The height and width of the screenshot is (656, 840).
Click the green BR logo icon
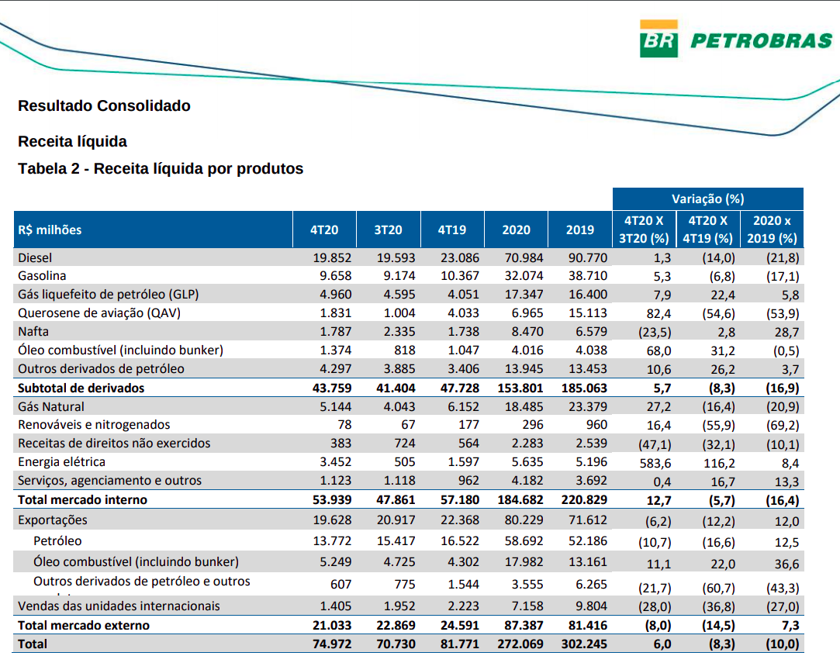659,40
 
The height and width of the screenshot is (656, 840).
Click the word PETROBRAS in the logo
761,41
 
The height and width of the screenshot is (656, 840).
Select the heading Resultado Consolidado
104,106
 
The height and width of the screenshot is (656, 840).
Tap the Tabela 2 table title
161,169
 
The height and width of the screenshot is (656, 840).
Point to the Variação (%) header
707,199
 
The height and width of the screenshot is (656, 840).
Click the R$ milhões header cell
50,230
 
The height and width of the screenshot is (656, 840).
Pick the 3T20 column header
388,230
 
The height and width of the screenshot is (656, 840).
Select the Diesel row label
35,257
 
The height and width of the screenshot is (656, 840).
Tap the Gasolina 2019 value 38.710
587,276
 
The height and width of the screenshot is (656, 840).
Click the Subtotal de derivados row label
81,388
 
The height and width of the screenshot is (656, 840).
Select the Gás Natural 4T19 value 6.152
463,406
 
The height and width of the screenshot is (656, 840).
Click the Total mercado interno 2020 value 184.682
520,500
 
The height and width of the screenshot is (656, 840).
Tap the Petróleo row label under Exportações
57,541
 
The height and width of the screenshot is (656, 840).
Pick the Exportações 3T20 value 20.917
396,520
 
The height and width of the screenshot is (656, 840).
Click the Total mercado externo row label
84,626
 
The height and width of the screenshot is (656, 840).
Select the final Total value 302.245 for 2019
584,644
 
